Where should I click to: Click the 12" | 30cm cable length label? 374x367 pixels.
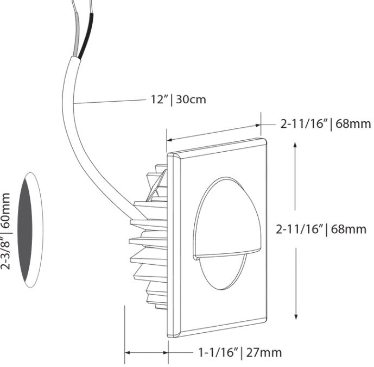tap(178, 99)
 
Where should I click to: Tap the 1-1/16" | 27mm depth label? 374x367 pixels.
tap(239, 352)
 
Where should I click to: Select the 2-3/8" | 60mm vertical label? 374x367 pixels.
tap(7, 233)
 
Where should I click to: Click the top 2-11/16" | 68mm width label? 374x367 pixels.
tap(325, 124)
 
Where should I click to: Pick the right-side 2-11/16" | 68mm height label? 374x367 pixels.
tap(321, 229)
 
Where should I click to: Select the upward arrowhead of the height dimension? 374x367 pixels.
tap(295, 146)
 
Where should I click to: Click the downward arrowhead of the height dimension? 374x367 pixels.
tap(296, 316)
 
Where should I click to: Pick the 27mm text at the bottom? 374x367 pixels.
tap(264, 352)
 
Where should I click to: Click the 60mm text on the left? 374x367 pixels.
tap(7, 210)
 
